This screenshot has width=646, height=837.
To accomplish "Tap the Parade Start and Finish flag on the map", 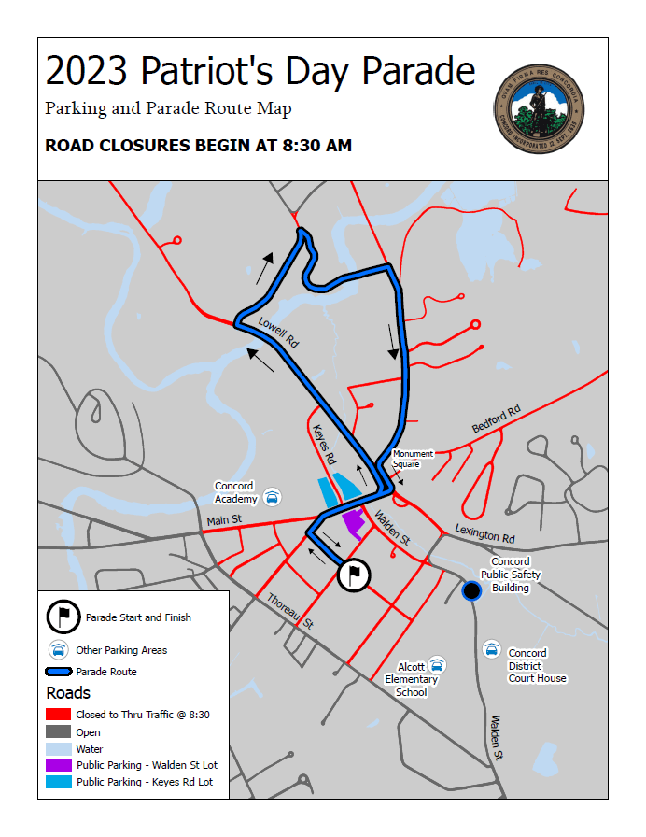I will click(354, 575).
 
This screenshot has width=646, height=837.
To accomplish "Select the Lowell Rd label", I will click(278, 333).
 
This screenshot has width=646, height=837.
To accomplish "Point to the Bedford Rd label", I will click(496, 418).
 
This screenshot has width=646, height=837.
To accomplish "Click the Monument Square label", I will click(412, 459).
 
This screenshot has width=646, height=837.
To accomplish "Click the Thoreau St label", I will click(289, 611).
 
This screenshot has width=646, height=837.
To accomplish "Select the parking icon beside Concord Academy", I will click(272, 497).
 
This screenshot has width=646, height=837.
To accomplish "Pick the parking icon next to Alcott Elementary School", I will click(436, 665).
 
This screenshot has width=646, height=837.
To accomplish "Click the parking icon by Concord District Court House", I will click(491, 649).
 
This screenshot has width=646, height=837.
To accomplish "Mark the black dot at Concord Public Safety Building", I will click(471, 589).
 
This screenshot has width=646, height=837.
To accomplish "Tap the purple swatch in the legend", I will click(58, 765).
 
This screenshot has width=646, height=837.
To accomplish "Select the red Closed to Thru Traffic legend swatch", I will click(58, 715).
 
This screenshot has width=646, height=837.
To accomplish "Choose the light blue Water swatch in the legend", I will click(58, 748).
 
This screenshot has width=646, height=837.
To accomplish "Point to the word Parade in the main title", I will click(417, 71).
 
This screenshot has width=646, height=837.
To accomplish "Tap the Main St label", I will click(224, 519).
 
